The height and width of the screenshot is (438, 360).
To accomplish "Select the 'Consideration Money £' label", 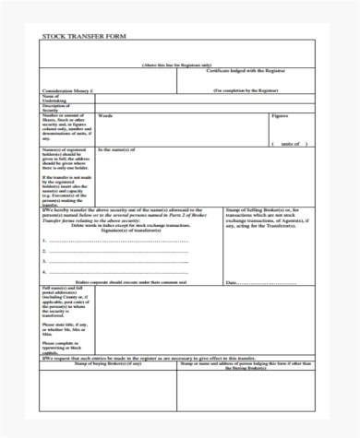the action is (x=70, y=92).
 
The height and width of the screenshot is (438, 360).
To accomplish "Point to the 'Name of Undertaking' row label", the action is (x=54, y=100).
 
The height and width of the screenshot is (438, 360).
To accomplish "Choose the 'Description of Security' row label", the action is (x=56, y=109).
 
